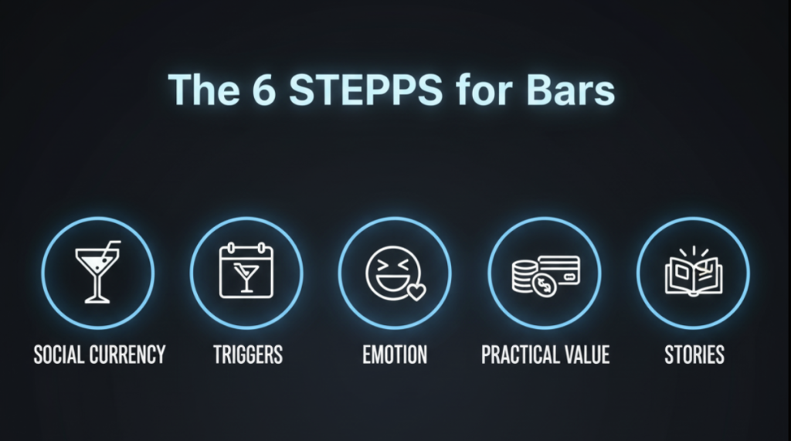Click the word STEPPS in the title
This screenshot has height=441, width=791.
pos(365,90)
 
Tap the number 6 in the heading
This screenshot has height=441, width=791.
pos(264,90)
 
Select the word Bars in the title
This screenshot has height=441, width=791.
pos(570,90)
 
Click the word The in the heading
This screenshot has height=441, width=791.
pos(204,90)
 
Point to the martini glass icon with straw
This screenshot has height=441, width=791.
pos(97,272)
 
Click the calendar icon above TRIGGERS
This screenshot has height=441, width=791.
pos(246,270)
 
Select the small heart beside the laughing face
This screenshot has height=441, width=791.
pos(416,292)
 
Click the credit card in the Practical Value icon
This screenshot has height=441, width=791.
pos(559,270)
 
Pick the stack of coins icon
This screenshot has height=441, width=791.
pos(524,276)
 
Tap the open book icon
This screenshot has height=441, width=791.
pos(694,275)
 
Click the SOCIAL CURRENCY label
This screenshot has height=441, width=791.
pos(100,354)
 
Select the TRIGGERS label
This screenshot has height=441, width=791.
pos(248,354)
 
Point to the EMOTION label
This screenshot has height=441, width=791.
pos(395,354)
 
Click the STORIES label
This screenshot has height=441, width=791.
pos(694,354)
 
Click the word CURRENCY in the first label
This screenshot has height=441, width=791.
pos(127,354)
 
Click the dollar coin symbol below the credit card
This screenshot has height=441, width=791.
pos(545,286)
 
